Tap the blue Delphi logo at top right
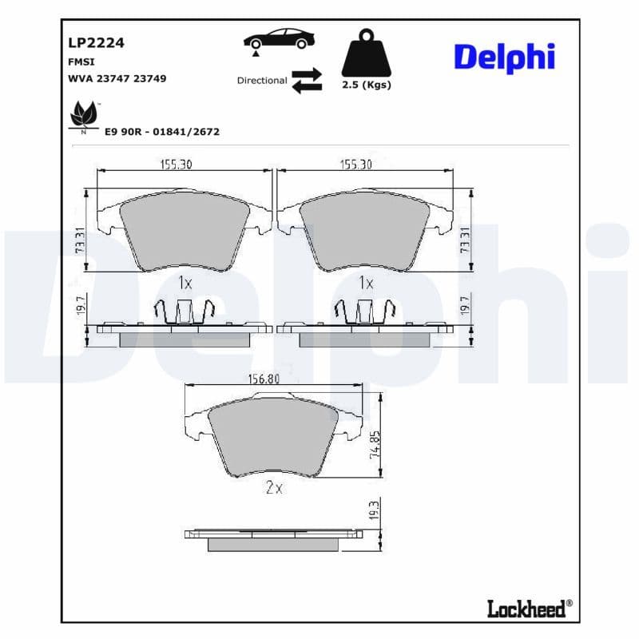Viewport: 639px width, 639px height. (x=504, y=58)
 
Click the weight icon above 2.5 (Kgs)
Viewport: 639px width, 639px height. (x=367, y=54)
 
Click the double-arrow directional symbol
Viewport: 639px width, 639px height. (x=306, y=81)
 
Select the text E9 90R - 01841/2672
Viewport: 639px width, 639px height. (x=162, y=132)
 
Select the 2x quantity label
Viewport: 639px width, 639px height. (x=273, y=487)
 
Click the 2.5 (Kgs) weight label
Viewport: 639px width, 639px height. (x=367, y=85)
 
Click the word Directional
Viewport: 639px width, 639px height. (x=262, y=81)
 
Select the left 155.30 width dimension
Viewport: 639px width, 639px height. (x=177, y=164)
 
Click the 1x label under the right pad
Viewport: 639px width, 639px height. (x=366, y=282)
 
